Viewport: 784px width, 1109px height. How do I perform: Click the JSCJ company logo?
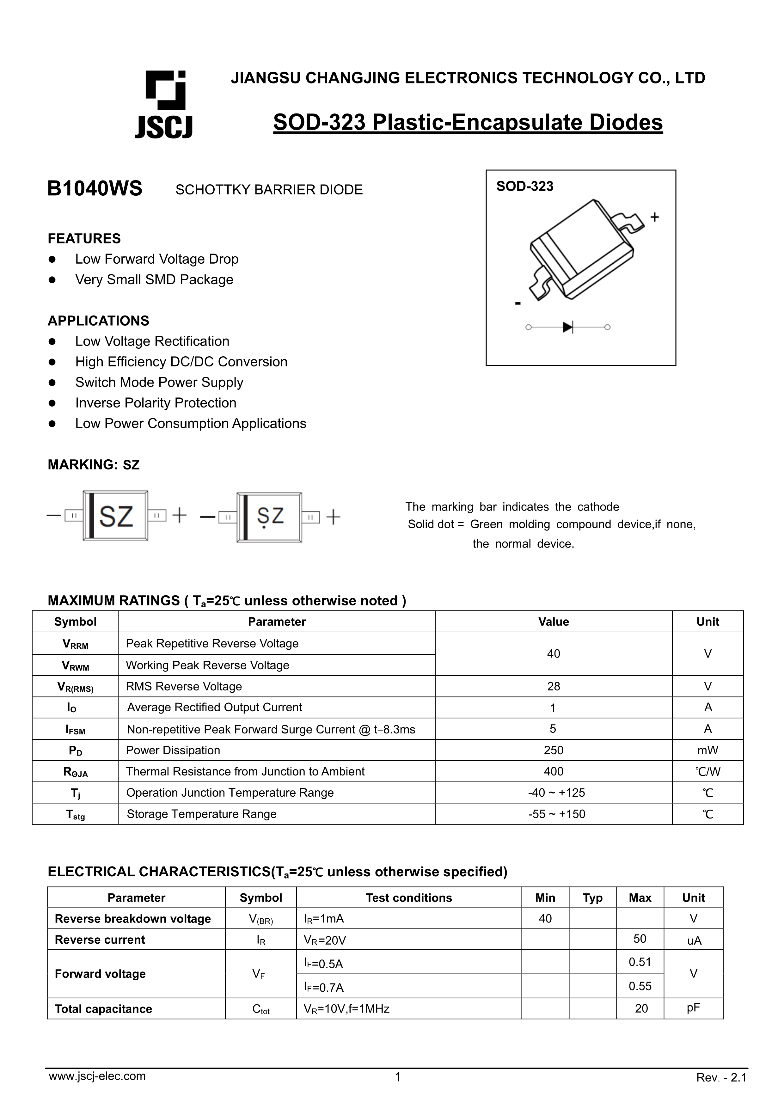coord(164,104)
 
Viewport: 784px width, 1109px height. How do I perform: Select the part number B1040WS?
coord(95,189)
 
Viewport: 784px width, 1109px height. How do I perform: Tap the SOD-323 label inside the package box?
coord(524,187)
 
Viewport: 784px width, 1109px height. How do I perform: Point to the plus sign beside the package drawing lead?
coord(654,217)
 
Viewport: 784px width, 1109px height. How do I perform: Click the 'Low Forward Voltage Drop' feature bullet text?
coord(156,259)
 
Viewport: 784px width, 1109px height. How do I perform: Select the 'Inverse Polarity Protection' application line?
coord(156,403)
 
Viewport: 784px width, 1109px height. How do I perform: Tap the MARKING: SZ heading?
coord(93,465)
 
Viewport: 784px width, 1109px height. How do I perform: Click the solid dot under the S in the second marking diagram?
coord(264,527)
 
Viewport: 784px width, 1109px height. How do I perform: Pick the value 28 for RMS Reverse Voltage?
coord(554,686)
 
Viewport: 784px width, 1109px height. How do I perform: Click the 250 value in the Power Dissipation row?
coord(554,750)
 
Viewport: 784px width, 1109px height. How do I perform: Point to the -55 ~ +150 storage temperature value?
coord(556,814)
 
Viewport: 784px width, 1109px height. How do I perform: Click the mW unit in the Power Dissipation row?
coord(708,750)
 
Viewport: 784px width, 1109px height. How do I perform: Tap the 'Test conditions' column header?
coord(409,898)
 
